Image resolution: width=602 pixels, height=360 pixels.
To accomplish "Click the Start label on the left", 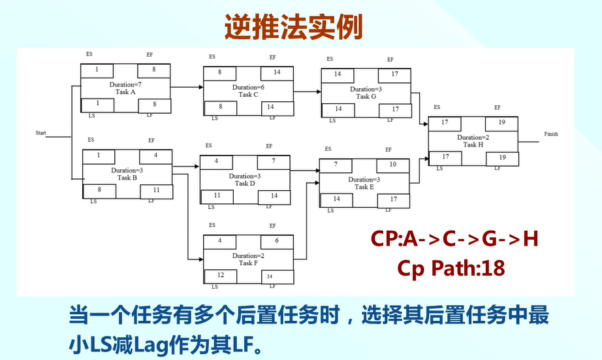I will pyautogui.click(x=41, y=133).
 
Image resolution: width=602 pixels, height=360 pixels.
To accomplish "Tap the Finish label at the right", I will pyautogui.click(x=551, y=134).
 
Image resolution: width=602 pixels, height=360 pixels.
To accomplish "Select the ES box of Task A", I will pyautogui.click(x=97, y=70).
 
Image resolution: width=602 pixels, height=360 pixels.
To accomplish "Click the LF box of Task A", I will pyautogui.click(x=154, y=105).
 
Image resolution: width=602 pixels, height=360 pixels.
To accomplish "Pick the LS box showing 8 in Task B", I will pyautogui.click(x=99, y=190).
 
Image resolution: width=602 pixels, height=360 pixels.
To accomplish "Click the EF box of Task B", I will pyautogui.click(x=155, y=155).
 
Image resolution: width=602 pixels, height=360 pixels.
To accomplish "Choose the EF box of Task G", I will pyautogui.click(x=395, y=74).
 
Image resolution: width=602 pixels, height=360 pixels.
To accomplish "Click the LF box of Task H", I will pyautogui.click(x=502, y=157).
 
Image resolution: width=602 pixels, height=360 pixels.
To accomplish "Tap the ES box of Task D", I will pyautogui.click(x=216, y=161).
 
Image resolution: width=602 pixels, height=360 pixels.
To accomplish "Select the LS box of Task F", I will pyautogui.click(x=220, y=276).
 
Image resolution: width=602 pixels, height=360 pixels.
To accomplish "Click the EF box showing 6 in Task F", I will pyautogui.click(x=277, y=241).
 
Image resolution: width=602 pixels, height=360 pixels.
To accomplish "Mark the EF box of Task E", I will pyautogui.click(x=393, y=164).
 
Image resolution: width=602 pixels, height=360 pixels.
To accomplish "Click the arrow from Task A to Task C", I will pyautogui.click(x=187, y=86).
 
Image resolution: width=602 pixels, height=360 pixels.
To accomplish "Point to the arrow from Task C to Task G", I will pyautogui.click(x=307, y=92).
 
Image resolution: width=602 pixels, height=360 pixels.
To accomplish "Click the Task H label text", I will pyautogui.click(x=473, y=145).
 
